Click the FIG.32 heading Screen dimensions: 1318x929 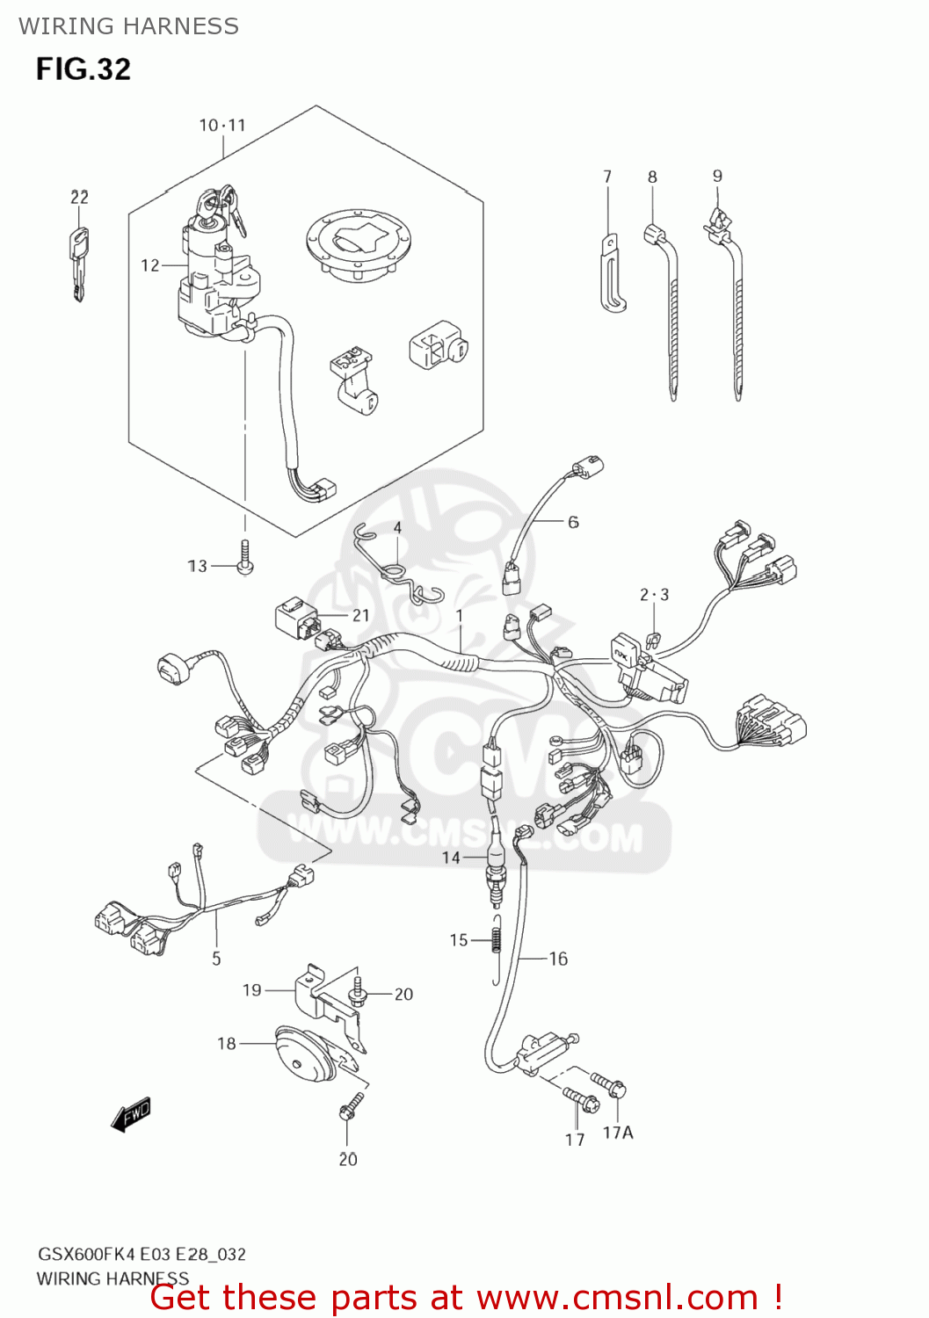[83, 69]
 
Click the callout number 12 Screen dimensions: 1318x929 [150, 264]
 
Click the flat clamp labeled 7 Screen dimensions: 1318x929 [612, 274]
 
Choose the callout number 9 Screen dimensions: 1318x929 [717, 176]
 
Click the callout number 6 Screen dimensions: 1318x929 [573, 522]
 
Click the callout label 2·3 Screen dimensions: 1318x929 [654, 595]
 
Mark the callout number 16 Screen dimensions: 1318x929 [558, 959]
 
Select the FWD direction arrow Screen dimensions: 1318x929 [132, 1114]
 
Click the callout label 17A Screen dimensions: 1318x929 [617, 1133]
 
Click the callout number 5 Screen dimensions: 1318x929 [216, 959]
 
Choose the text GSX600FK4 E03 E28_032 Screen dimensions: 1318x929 [141, 1254]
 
